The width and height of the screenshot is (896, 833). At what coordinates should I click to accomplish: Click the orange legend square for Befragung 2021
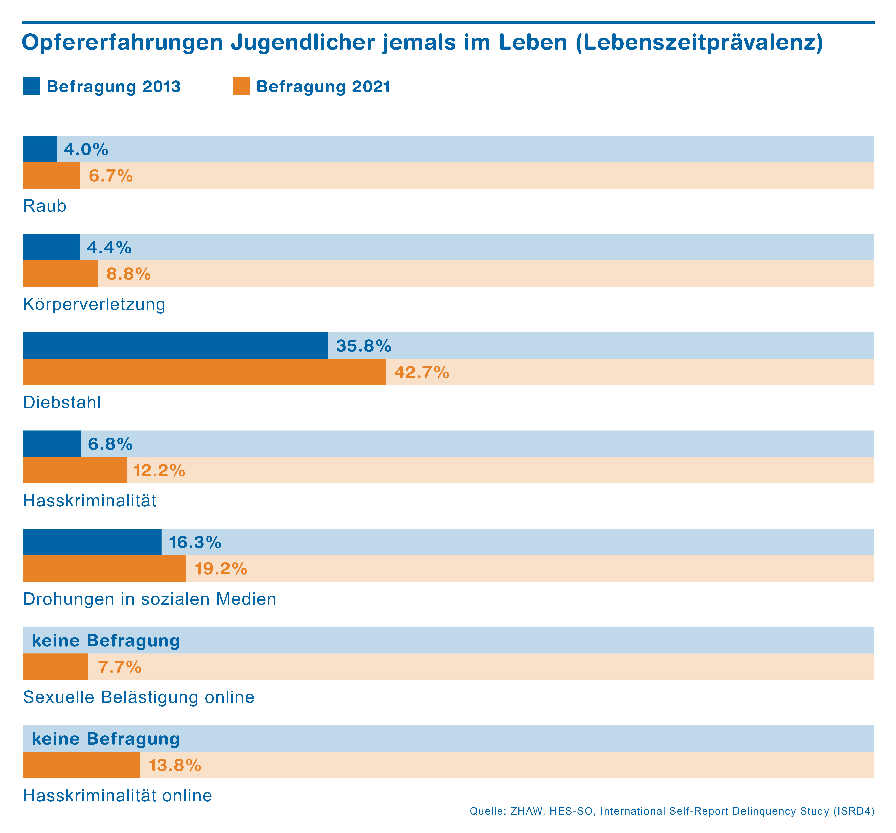241,86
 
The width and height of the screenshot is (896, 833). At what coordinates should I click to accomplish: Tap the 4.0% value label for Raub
86,149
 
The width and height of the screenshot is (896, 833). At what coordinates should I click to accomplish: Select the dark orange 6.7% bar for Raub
51,175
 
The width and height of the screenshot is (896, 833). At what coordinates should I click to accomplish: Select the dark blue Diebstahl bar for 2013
175,345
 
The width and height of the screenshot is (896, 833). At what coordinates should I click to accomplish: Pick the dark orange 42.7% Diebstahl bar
204,372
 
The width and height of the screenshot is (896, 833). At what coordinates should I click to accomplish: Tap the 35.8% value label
363,346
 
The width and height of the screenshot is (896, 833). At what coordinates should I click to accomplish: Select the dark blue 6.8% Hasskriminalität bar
51,444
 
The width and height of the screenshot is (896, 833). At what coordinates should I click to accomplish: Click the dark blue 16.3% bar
92,542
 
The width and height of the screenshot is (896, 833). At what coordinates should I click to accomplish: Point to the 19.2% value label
220,569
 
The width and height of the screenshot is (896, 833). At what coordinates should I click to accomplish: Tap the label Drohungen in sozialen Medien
149,599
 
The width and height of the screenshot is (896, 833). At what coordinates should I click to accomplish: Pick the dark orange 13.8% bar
81,765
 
